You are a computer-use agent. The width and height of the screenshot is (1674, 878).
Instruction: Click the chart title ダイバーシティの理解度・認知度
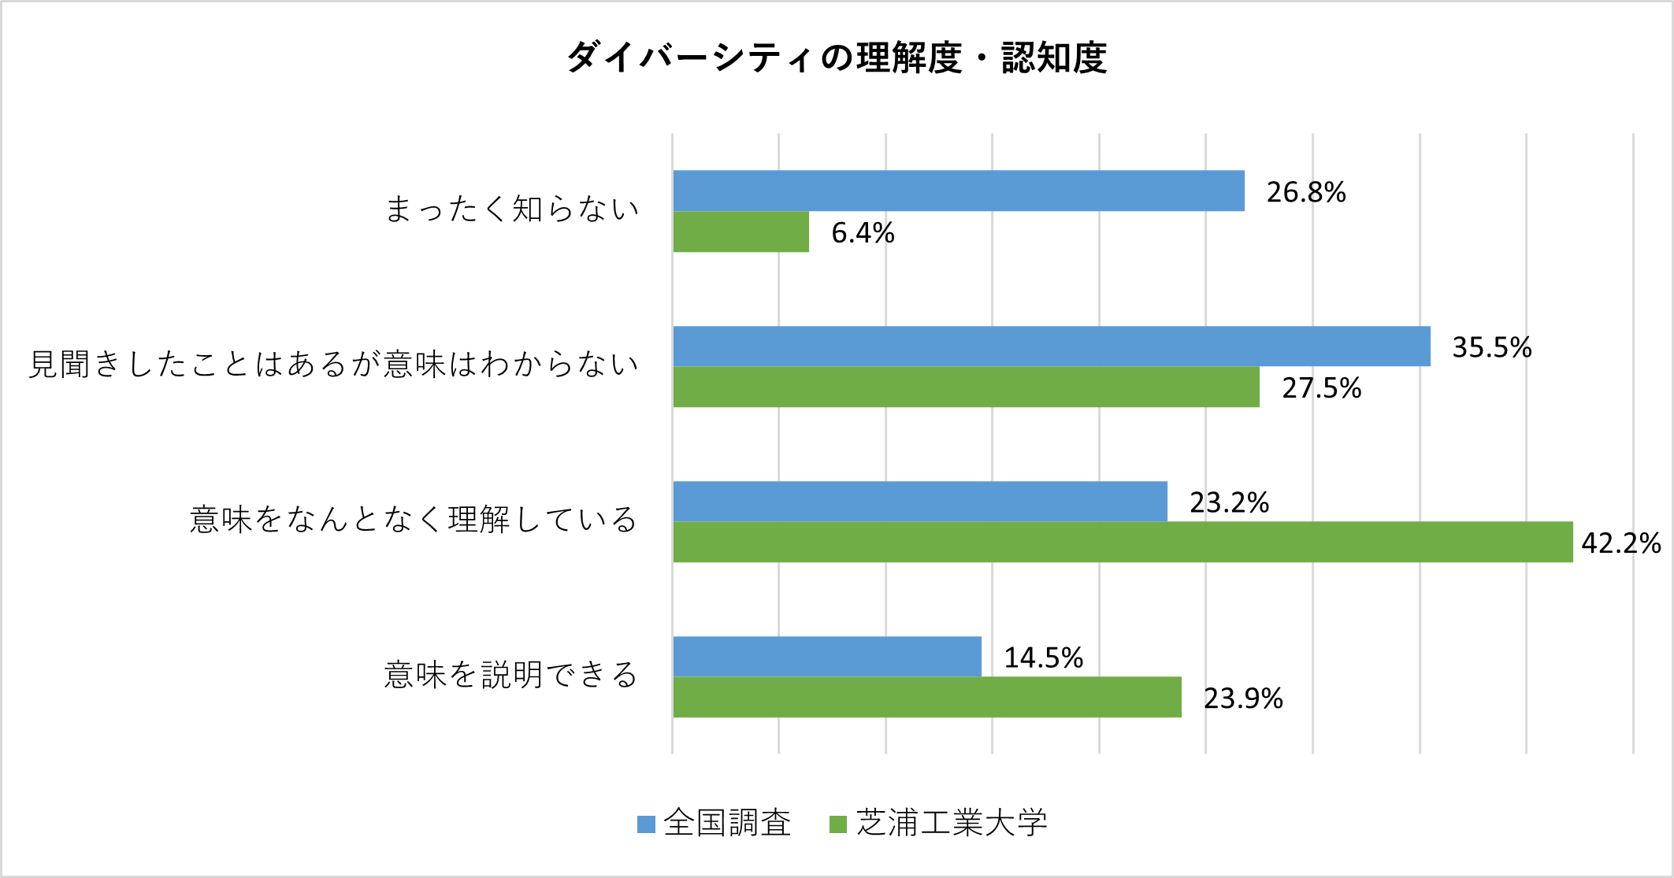(x=837, y=57)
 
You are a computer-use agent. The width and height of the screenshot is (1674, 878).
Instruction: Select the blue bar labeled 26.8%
(x=958, y=191)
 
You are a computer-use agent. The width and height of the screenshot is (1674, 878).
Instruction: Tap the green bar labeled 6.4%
(x=740, y=232)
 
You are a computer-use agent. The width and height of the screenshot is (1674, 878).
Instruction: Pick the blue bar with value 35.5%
(x=1051, y=346)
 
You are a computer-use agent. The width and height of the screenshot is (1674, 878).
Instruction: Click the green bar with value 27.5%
(x=966, y=387)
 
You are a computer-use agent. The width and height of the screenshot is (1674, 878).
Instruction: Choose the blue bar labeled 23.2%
(x=919, y=502)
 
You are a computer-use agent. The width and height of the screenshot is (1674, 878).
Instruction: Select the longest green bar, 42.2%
(x=1123, y=542)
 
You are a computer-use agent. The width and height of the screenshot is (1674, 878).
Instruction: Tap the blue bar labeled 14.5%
(x=827, y=657)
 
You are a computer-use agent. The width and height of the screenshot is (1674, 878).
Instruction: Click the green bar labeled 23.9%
(x=927, y=697)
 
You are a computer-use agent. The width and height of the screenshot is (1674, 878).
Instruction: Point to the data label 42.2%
(x=1620, y=543)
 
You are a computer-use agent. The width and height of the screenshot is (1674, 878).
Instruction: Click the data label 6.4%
(x=863, y=233)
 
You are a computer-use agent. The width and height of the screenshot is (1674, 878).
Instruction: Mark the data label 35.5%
(x=1491, y=347)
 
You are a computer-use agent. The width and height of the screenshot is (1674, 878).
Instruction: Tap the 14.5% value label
(x=1043, y=658)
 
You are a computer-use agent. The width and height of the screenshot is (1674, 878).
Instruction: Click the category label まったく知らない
(x=511, y=209)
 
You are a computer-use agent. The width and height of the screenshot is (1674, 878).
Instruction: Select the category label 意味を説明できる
(x=511, y=675)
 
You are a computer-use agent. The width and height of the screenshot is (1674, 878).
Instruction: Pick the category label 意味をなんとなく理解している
(x=414, y=520)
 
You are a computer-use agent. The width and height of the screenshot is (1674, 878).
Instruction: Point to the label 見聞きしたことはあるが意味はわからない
(x=333, y=365)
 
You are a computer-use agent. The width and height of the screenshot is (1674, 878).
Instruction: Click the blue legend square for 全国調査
(x=646, y=824)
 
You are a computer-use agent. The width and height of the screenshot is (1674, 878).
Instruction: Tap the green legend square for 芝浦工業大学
(x=838, y=824)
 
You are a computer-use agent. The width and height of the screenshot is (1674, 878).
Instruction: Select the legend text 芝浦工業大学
(x=952, y=823)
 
